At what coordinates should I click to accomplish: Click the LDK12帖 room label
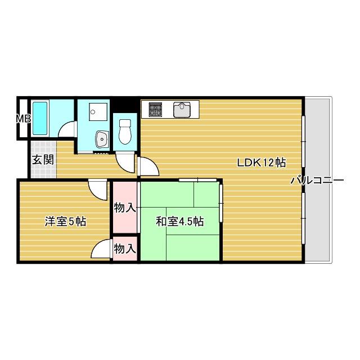point(262,163)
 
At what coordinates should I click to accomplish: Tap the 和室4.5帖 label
point(179,222)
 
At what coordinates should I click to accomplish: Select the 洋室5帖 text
point(65,222)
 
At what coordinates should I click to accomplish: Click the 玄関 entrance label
point(43,160)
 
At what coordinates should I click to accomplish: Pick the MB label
point(23,119)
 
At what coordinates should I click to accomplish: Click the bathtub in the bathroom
point(40,118)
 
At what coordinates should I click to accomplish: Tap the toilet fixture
point(124,130)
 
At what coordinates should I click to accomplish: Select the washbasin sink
point(102,138)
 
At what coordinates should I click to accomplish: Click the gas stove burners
point(155,109)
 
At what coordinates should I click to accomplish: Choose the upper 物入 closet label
point(124,208)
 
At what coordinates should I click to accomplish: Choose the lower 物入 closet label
point(124,248)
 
